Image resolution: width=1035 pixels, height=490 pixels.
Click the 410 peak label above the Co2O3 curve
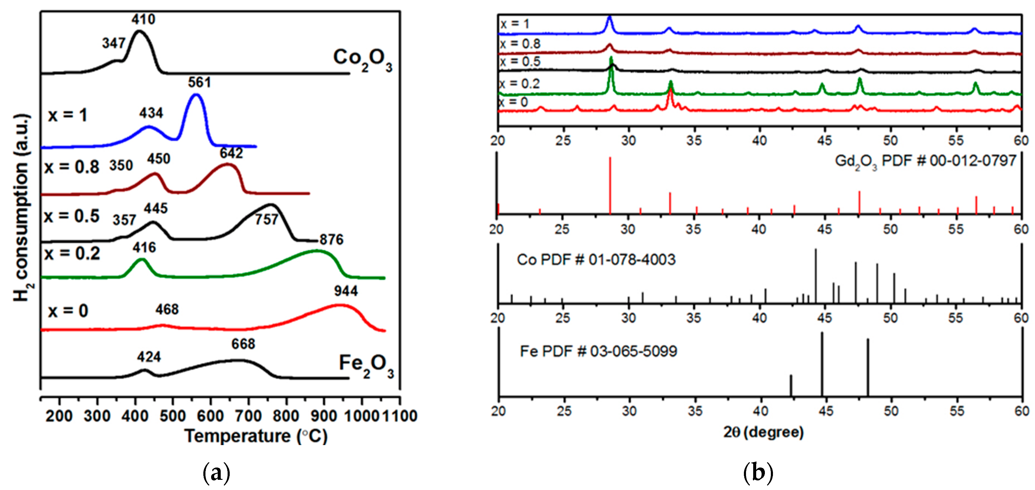[143, 19]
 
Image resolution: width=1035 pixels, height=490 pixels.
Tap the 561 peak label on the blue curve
[199, 82]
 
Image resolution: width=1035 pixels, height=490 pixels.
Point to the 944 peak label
[346, 291]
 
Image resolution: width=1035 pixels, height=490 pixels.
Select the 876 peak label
[332, 240]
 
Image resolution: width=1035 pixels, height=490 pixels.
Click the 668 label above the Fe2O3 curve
[243, 344]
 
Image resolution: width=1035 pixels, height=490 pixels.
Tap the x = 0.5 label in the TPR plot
[72, 216]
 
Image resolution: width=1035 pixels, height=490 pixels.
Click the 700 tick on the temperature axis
[248, 416]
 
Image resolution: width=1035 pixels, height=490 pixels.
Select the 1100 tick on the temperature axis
[400, 416]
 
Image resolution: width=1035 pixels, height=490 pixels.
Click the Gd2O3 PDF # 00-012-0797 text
[925, 162]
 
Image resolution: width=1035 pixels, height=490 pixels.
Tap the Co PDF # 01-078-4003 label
[596, 260]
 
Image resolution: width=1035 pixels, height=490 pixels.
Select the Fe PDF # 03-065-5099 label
[598, 351]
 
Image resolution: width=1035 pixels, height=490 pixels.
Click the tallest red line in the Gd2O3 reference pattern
[610, 185]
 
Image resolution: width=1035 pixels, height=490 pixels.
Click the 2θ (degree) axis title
[763, 432]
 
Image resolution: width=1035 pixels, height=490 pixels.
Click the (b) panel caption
[758, 472]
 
